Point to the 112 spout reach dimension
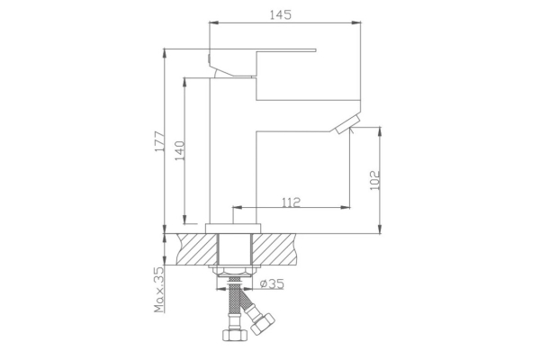click(290, 202)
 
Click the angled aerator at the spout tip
click(345, 124)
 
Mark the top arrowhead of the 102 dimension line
click(382, 131)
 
